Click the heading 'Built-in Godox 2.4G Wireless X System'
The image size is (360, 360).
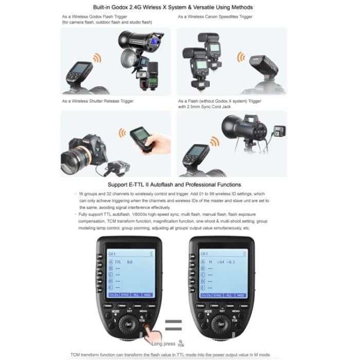(x=179, y=7)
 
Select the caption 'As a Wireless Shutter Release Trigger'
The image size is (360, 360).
(x=97, y=101)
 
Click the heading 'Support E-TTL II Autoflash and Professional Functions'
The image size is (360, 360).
(x=179, y=184)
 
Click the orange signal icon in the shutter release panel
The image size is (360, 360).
(x=122, y=133)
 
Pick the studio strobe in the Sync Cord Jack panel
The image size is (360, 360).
(x=242, y=129)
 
